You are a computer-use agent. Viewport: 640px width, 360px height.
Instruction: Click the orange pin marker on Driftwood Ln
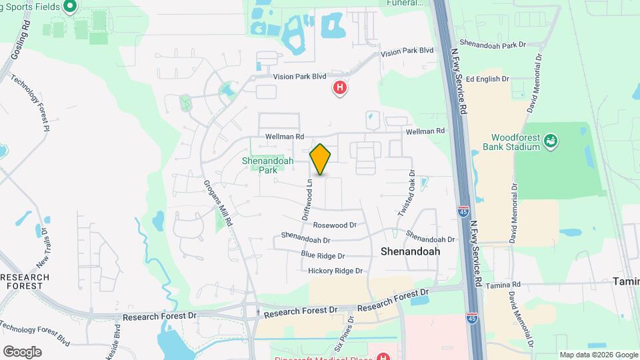(321, 159)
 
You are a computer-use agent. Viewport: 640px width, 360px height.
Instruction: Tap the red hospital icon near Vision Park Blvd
(340, 87)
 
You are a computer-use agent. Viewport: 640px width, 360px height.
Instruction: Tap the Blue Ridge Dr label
(323, 255)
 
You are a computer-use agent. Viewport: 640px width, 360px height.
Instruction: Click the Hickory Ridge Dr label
(335, 271)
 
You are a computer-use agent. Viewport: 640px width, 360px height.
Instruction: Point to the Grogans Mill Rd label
(218, 203)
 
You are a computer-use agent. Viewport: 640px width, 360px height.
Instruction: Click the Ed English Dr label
(487, 79)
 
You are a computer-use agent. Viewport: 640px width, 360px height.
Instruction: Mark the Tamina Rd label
(503, 285)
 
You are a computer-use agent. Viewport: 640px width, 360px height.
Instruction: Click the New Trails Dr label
(43, 247)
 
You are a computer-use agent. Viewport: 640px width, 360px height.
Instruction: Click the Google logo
(22, 351)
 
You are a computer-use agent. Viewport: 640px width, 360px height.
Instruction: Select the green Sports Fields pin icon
(70, 8)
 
